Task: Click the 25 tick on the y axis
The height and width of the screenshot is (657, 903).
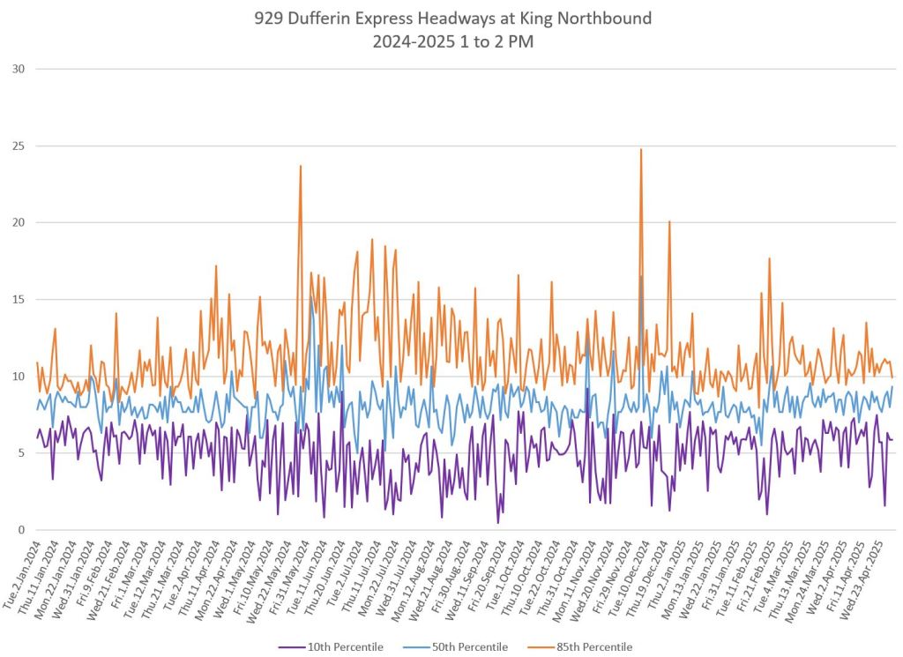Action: tap(18, 146)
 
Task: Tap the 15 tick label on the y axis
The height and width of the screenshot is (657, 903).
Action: tap(18, 300)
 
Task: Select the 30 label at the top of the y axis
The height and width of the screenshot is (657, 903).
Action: tap(18, 69)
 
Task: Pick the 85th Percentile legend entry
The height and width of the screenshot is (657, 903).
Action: tap(593, 647)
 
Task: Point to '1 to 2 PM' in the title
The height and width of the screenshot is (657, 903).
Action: tap(499, 41)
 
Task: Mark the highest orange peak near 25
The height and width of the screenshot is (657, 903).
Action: tap(641, 150)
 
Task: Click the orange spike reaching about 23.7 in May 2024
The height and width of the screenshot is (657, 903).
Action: tap(301, 166)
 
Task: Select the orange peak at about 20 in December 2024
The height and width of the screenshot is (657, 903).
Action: tap(669, 221)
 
